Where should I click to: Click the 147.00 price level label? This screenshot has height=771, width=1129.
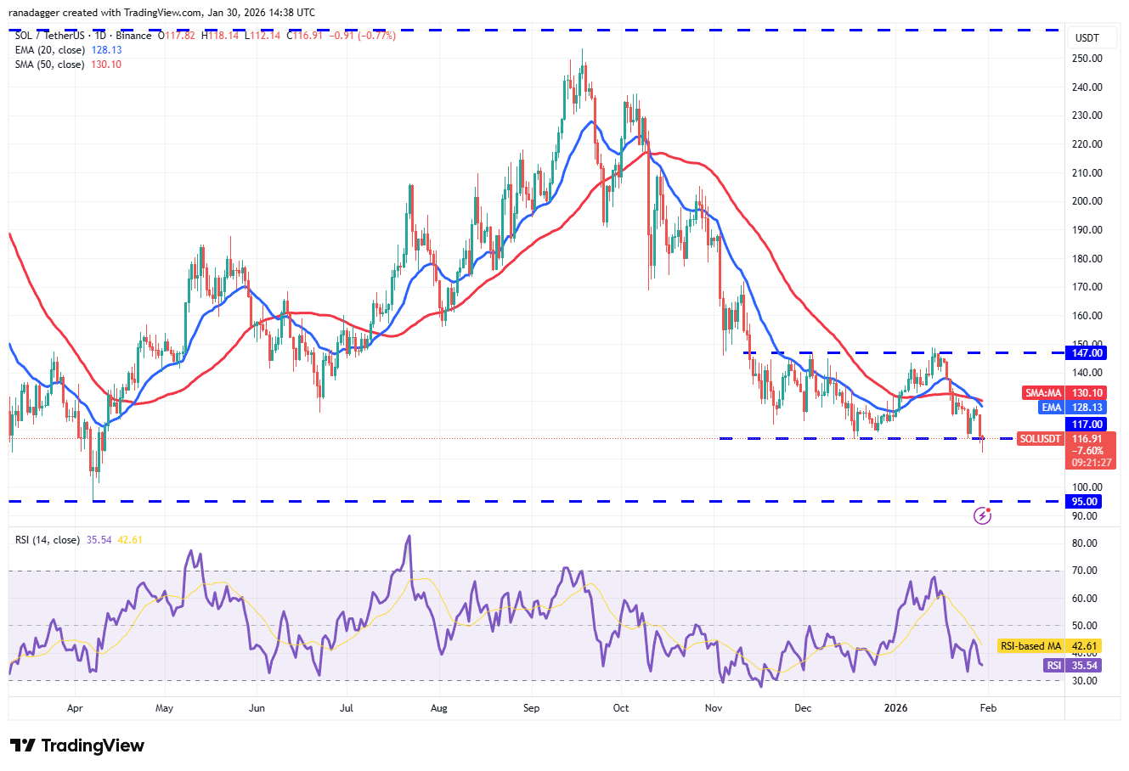pos(1087,353)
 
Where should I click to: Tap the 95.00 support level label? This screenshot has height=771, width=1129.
pos(1087,502)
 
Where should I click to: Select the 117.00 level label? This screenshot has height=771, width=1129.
pos(1087,425)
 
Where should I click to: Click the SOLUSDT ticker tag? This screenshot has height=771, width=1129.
pos(1041,439)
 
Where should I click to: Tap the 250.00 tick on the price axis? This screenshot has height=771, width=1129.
pos(1087,59)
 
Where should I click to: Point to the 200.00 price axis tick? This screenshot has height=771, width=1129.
pos(1087,201)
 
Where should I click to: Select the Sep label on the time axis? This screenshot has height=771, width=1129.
pos(531,707)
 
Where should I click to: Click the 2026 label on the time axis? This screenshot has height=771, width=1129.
pos(895,707)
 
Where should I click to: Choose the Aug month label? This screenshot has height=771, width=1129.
pos(439,707)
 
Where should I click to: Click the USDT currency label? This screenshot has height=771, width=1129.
pos(1087,38)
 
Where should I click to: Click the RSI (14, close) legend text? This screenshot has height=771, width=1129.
pos(48,540)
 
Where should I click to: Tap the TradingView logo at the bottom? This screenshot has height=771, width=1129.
pos(77,746)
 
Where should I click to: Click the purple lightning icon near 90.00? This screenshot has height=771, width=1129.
pos(982,515)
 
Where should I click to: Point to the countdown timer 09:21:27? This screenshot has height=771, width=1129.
pos(1090,463)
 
